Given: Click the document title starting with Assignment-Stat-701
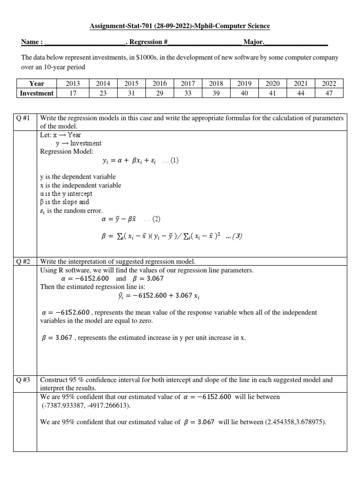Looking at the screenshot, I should click(x=180, y=26).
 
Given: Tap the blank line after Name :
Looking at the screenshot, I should click(x=84, y=43).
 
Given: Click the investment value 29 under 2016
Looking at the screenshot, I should click(x=159, y=93).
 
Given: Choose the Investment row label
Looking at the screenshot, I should click(x=36, y=93).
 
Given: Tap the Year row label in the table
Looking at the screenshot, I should click(x=36, y=83).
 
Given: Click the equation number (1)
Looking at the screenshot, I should click(x=174, y=160).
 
